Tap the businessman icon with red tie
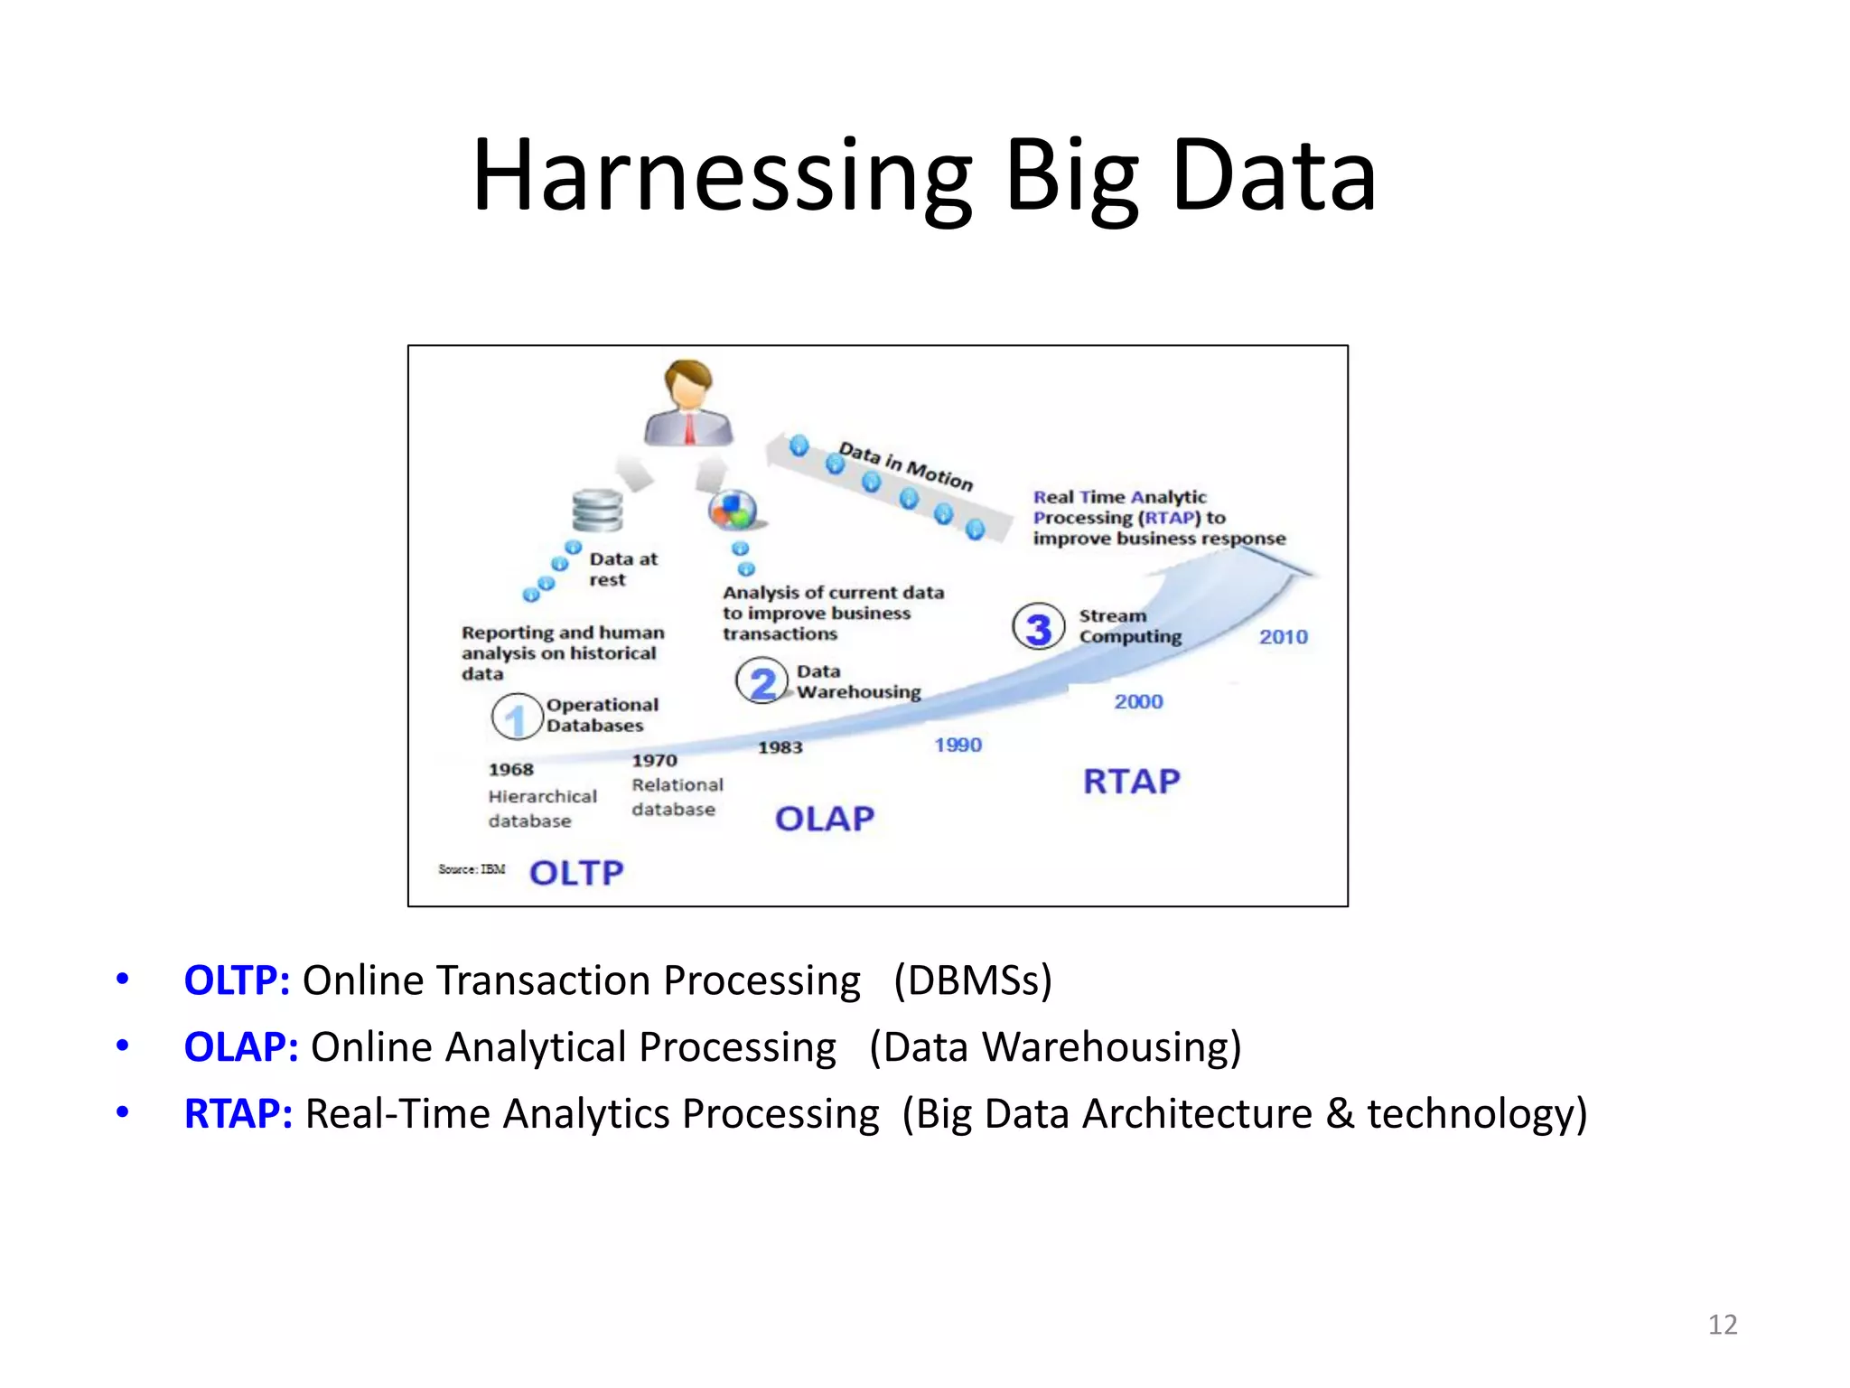pos(688,404)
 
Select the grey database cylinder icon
pos(597,511)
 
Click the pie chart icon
pos(733,511)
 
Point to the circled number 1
pos(516,717)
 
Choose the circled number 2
pos(761,682)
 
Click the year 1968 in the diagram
pos(511,769)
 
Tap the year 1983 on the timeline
pos(780,747)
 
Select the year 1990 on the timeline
pos(958,745)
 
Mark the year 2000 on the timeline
pos(1138,701)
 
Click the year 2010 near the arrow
pos(1283,637)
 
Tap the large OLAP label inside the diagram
pos(825,819)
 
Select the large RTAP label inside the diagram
pos(1132,781)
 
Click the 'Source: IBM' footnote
pos(472,869)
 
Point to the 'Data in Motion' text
pos(906,465)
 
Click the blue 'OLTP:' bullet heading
pos(237,980)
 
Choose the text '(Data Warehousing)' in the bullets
pos(1055,1047)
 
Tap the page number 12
pos(1723,1325)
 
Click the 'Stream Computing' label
pos(1129,626)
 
